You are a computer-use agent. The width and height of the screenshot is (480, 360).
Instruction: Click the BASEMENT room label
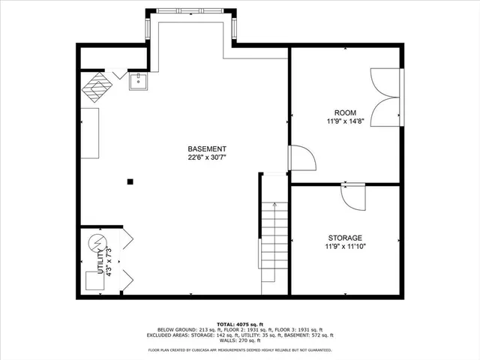(x=207, y=148)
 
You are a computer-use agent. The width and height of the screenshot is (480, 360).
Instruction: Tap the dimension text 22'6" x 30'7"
(x=207, y=157)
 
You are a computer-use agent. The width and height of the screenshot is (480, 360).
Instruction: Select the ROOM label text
(x=346, y=112)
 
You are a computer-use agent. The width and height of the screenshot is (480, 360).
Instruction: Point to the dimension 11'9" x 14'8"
(x=346, y=121)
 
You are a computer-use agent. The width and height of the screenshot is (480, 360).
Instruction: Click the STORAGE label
(x=345, y=237)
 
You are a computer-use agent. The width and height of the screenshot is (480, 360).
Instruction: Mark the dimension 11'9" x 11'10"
(x=345, y=246)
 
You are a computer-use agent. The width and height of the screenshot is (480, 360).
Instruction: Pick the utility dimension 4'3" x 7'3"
(x=109, y=260)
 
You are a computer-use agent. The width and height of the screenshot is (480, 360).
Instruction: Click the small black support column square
(x=130, y=181)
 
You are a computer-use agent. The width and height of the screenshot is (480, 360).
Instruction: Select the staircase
(x=274, y=247)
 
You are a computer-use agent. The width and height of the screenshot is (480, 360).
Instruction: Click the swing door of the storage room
(x=352, y=196)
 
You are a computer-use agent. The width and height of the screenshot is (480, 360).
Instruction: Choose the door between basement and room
(x=300, y=159)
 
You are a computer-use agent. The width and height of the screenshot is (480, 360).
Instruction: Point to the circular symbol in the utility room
(x=97, y=243)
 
